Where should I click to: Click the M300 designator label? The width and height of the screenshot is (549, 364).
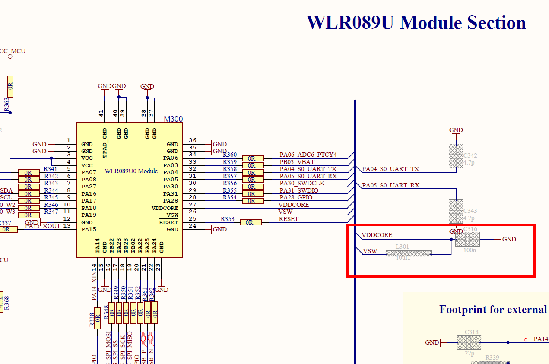point(173,119)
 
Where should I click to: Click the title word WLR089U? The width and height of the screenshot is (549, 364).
point(350,22)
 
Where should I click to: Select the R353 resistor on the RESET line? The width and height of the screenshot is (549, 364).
point(251,222)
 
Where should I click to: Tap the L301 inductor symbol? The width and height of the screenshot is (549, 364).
point(408,253)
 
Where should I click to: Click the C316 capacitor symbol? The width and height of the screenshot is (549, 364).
point(467,239)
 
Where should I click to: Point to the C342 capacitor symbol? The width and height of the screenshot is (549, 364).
point(456,156)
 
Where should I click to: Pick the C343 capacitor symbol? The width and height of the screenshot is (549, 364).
point(456,212)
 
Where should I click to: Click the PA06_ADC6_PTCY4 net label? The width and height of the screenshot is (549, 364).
point(308,155)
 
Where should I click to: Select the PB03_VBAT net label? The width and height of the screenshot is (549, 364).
point(297,162)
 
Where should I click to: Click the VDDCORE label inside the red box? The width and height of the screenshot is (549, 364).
point(377,235)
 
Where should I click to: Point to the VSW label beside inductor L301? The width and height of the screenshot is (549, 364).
point(370,251)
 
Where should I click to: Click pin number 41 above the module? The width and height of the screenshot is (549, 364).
point(101,114)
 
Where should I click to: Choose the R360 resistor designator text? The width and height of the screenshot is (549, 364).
point(230,155)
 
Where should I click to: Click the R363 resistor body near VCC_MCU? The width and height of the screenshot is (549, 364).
point(10,86)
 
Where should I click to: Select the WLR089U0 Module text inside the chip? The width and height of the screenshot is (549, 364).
point(131,171)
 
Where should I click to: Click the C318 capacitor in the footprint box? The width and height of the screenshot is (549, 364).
point(469,342)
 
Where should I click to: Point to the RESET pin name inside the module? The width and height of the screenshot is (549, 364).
point(168,222)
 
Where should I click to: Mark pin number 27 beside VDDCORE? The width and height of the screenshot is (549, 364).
point(193,205)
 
